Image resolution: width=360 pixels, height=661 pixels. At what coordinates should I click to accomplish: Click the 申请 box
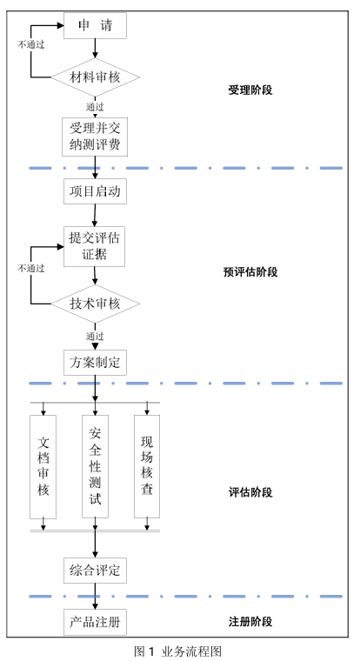click(95, 26)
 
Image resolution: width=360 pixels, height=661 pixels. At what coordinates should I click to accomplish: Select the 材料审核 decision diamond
click(96, 77)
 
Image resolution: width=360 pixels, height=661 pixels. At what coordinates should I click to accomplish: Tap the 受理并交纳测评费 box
click(95, 137)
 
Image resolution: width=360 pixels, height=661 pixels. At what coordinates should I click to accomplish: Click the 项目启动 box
click(96, 191)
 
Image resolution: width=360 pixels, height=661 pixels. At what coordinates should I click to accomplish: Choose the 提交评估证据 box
click(95, 247)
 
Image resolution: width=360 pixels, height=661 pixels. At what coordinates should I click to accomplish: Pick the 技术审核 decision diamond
click(96, 304)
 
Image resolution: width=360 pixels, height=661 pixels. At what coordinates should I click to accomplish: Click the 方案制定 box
click(96, 363)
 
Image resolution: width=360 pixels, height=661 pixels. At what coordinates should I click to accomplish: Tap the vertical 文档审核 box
click(43, 467)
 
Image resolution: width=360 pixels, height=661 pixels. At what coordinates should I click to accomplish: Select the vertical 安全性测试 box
click(96, 466)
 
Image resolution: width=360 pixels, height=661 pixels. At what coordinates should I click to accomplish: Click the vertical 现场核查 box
click(147, 466)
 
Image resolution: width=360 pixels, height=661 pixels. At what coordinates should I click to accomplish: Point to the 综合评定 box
click(96, 571)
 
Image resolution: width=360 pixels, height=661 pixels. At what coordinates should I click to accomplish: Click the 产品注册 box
click(96, 622)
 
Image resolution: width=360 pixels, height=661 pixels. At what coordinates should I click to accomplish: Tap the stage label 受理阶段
click(250, 90)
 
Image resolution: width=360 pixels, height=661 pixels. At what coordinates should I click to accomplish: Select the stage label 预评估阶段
click(250, 272)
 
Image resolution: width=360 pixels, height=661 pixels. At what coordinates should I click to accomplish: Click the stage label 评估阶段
click(250, 492)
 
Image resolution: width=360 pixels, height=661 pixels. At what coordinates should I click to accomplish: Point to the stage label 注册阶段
click(250, 621)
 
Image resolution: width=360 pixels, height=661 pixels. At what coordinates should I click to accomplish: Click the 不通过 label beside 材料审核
click(30, 44)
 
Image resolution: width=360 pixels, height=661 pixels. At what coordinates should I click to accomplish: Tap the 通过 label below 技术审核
click(95, 337)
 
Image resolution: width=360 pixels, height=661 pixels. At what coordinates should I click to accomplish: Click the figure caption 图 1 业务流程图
click(177, 651)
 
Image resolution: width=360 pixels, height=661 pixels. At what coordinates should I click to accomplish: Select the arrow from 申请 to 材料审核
click(96, 48)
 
